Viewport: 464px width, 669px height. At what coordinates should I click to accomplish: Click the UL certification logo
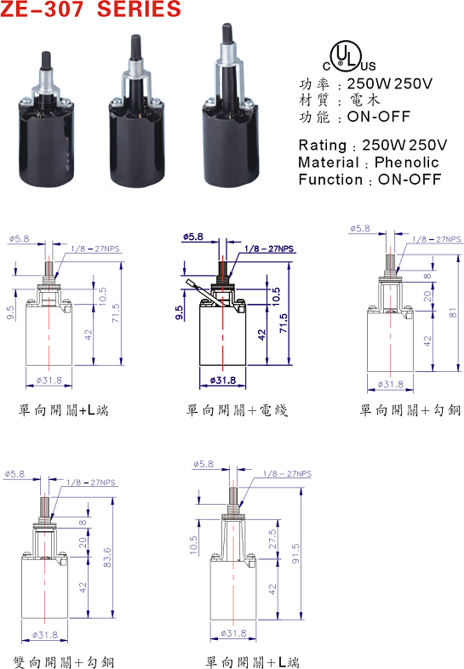[x=348, y=57]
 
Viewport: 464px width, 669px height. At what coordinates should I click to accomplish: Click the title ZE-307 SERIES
[x=90, y=9]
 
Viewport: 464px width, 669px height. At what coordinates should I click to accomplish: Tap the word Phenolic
[x=407, y=162]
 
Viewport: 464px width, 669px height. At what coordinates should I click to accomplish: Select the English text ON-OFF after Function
[x=410, y=180]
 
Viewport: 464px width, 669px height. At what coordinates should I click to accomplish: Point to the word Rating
[x=323, y=146]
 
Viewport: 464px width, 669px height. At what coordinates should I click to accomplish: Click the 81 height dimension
[x=453, y=312]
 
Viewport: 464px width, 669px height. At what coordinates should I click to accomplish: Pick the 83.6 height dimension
[x=107, y=557]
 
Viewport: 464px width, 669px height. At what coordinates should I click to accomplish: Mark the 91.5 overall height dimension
[x=295, y=553]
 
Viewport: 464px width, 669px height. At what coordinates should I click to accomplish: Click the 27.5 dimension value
[x=272, y=539]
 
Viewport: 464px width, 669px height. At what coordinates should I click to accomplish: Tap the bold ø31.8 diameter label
[x=223, y=380]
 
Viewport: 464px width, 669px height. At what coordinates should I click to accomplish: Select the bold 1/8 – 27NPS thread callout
[x=269, y=249]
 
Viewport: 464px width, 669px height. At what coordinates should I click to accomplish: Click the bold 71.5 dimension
[x=283, y=323]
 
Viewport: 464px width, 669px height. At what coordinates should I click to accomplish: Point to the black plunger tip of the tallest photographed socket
[x=226, y=34]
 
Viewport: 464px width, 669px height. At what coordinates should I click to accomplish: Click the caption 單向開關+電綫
[x=238, y=410]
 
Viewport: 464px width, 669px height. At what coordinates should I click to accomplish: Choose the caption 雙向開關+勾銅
[x=64, y=662]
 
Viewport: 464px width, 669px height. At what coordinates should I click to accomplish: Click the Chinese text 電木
[x=365, y=100]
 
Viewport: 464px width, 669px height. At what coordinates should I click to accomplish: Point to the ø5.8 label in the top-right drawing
[x=360, y=228]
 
